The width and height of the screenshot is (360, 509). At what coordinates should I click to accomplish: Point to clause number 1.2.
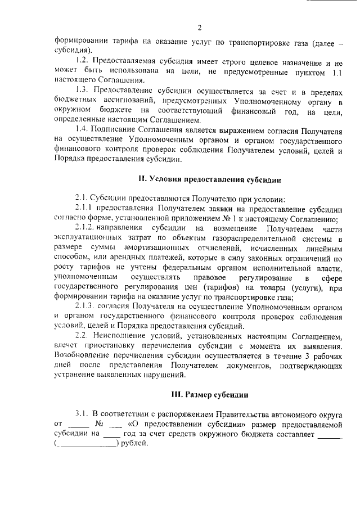83,60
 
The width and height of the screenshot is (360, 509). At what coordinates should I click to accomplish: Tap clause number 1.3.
83,91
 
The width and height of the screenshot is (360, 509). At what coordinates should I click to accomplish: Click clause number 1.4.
83,130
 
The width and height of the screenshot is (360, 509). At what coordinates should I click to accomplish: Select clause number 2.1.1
85,209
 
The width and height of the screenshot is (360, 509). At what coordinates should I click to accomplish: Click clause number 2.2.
83,336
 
